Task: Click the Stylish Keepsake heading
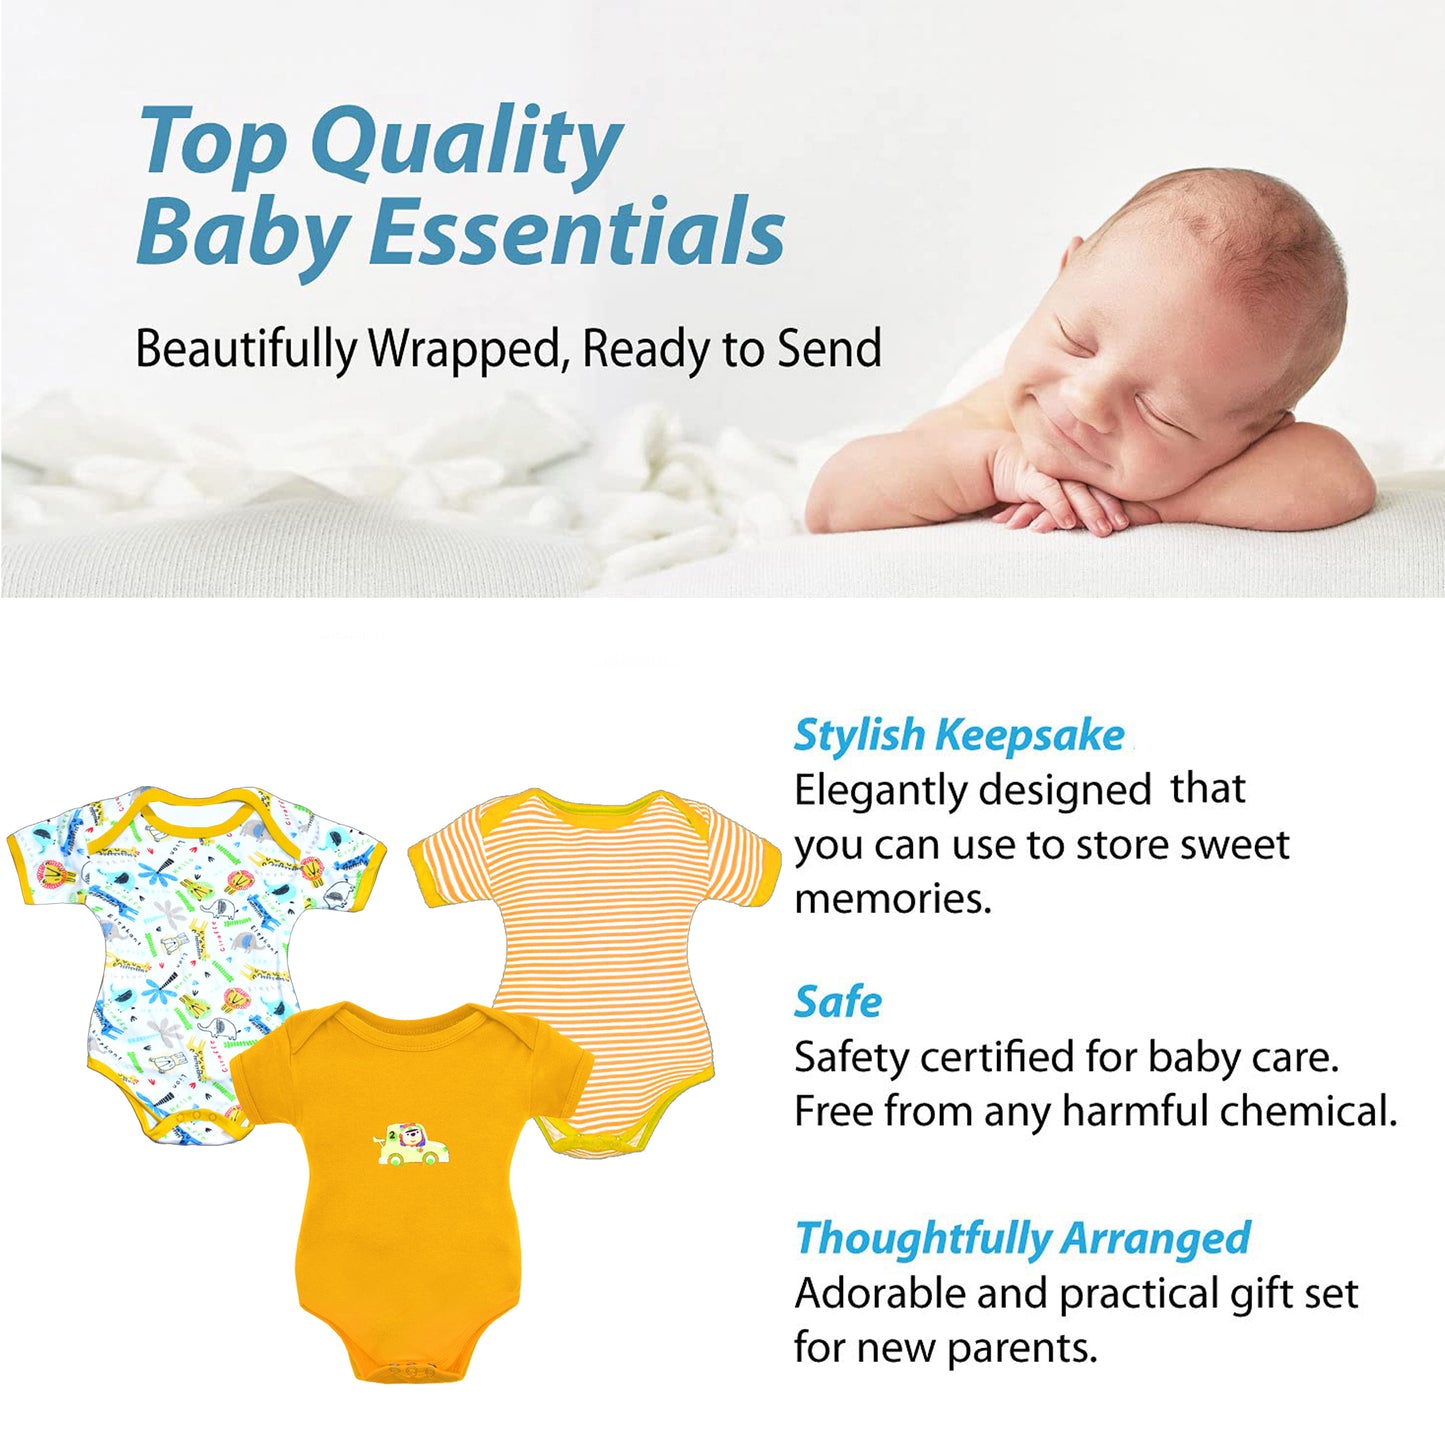coord(959,736)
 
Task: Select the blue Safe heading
coord(838,1003)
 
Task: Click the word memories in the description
coord(892,899)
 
